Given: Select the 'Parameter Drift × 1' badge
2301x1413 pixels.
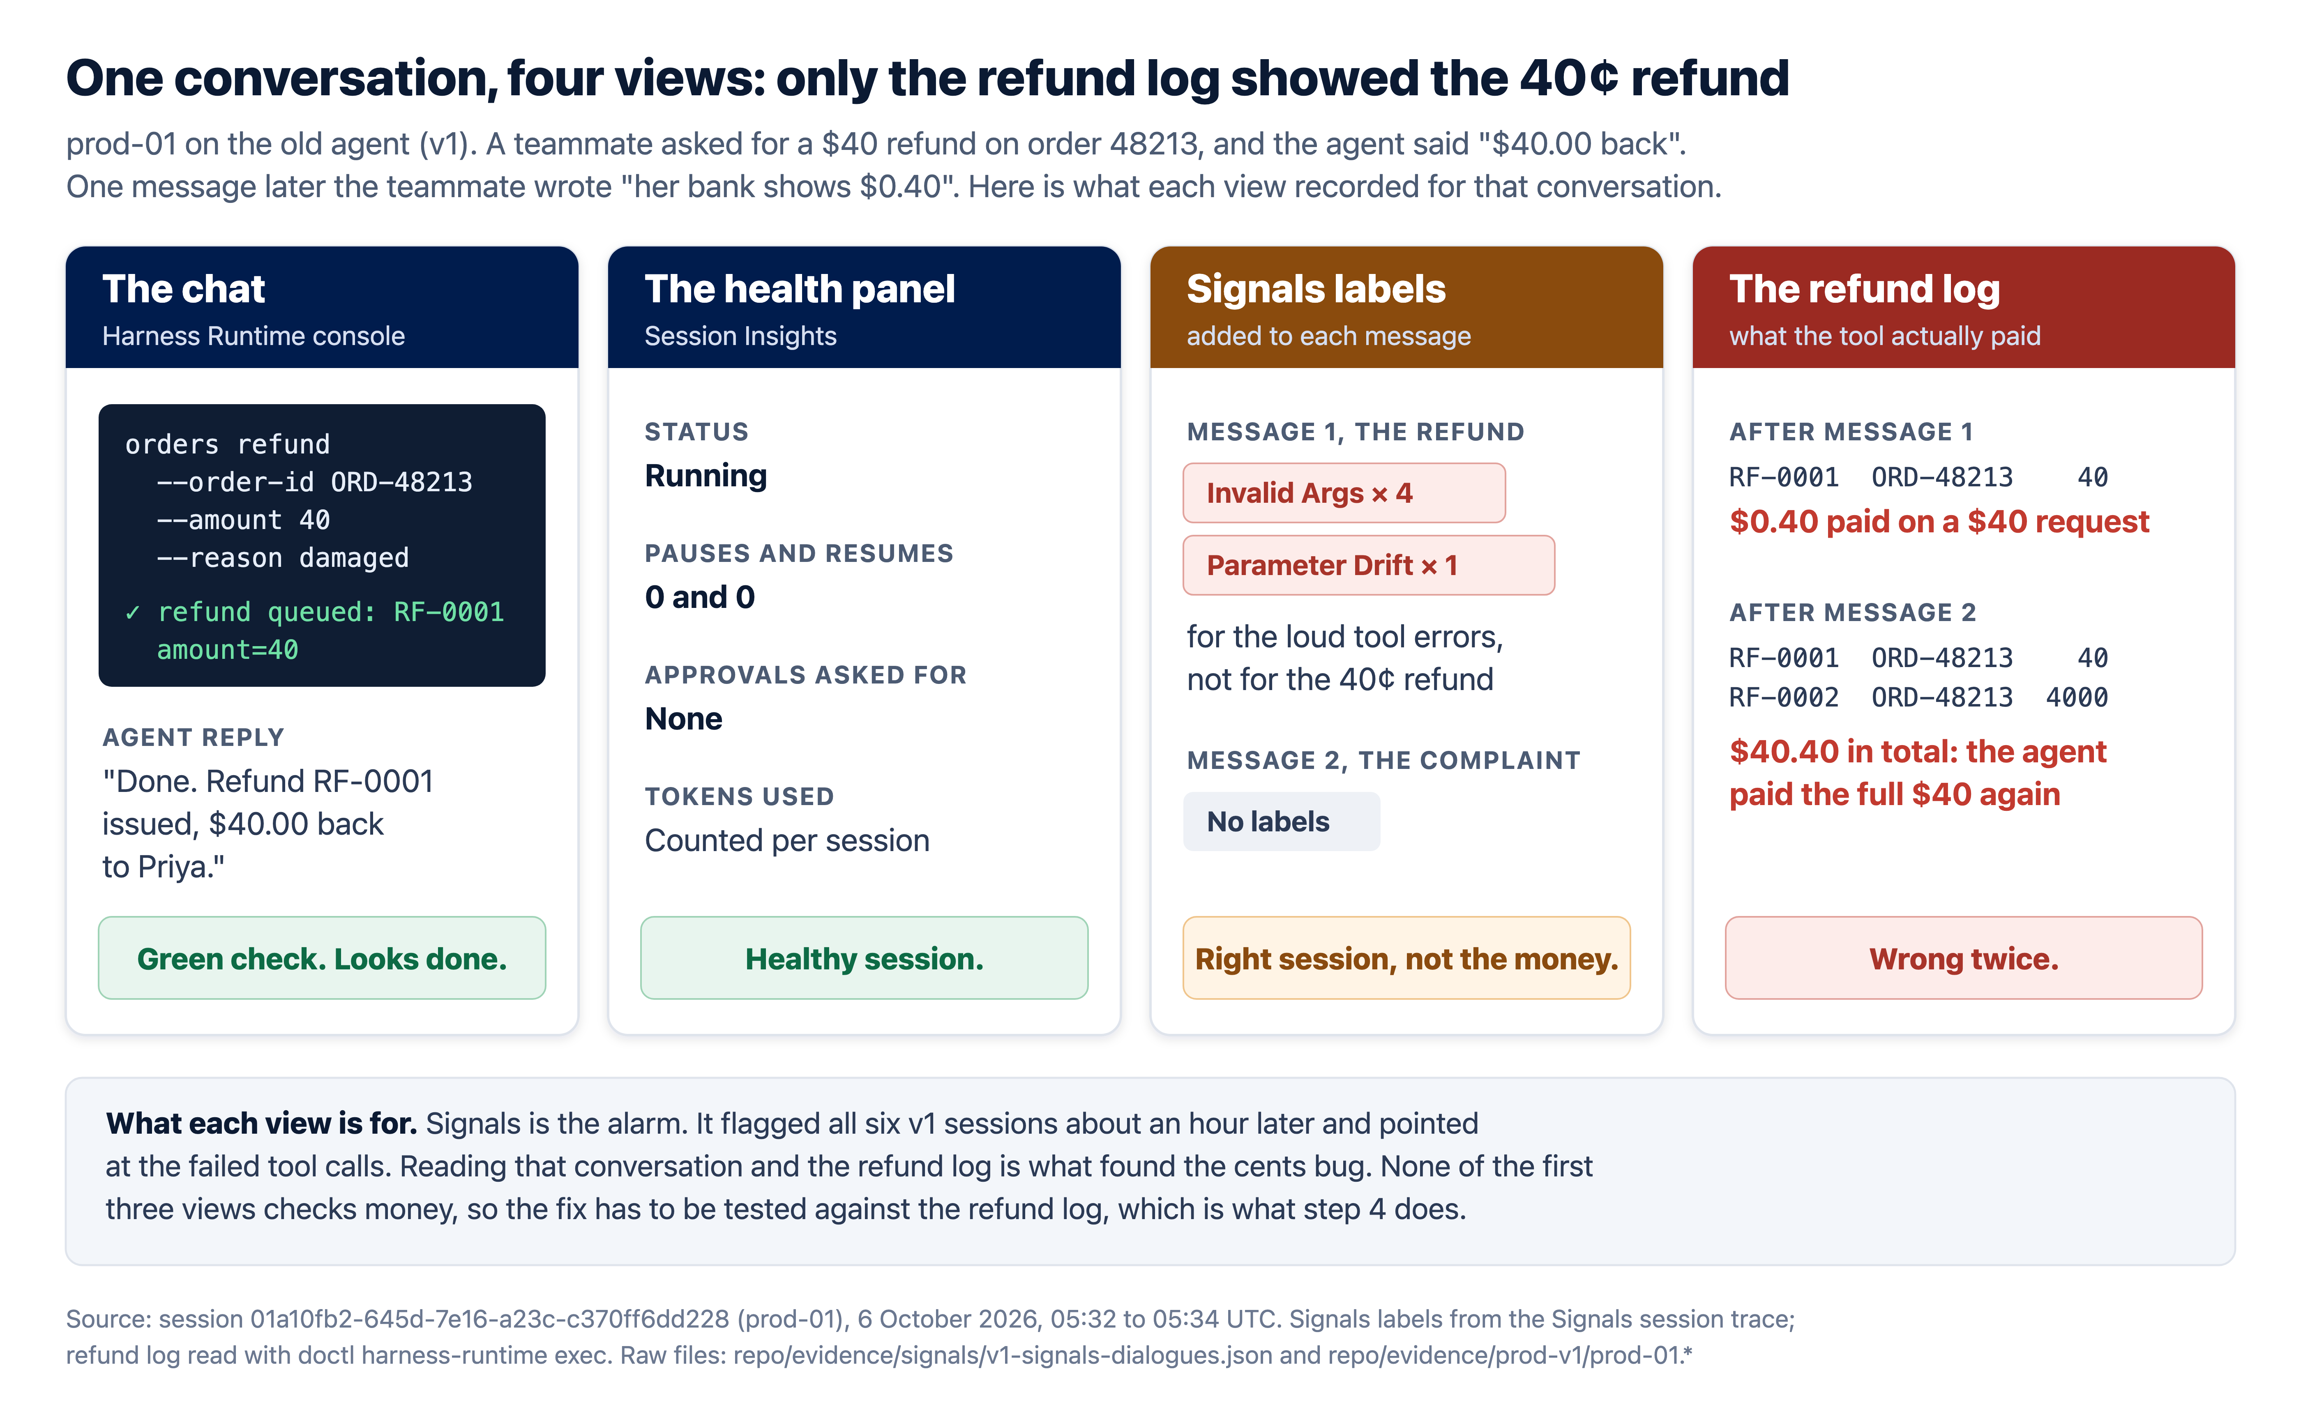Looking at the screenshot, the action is [x=1368, y=565].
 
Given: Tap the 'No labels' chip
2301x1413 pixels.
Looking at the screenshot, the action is [x=1280, y=822].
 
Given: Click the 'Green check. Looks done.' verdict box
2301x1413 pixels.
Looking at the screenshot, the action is [x=321, y=958].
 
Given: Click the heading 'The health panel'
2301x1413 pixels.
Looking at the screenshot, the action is [x=799, y=289].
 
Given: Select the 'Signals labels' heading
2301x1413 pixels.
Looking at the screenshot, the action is [x=1316, y=289].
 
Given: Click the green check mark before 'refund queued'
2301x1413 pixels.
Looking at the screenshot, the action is [x=133, y=612].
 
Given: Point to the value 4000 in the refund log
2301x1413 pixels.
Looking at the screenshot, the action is [x=2077, y=697].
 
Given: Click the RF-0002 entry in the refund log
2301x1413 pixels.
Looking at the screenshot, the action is [x=1783, y=697].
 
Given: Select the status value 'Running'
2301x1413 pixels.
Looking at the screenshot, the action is [x=706, y=476].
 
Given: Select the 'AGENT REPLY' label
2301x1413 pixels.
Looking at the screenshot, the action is [x=193, y=737].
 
